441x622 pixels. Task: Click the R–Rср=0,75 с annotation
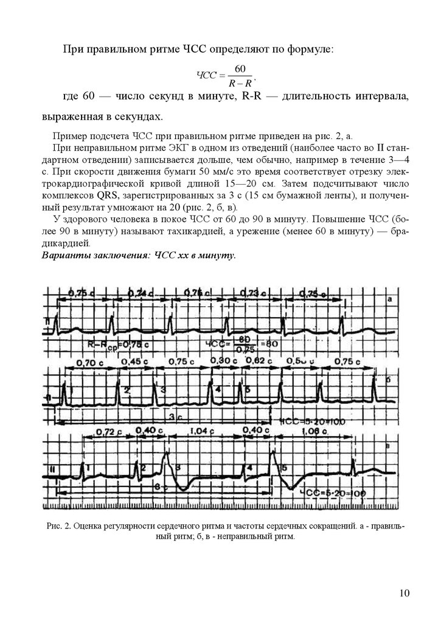tap(113, 344)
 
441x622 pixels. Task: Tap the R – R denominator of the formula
tap(240, 81)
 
